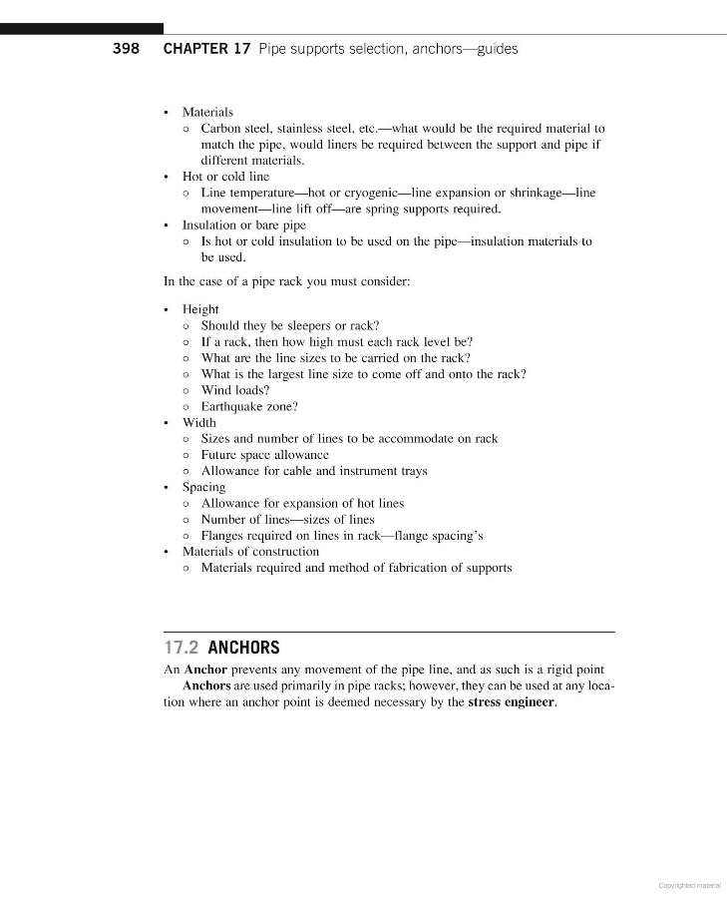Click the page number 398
126,49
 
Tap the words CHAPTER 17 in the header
206,49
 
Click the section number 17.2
182,648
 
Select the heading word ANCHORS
243,648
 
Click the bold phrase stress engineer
511,701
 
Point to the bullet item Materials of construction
250,551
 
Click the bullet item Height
200,309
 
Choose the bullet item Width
198,422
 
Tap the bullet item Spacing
203,487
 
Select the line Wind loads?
235,390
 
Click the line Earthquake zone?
249,406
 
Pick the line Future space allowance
264,454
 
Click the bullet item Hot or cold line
225,177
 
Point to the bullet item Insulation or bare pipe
243,224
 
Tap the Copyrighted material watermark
689,884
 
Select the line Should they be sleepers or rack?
290,325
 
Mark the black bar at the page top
82,29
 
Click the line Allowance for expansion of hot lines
302,503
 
